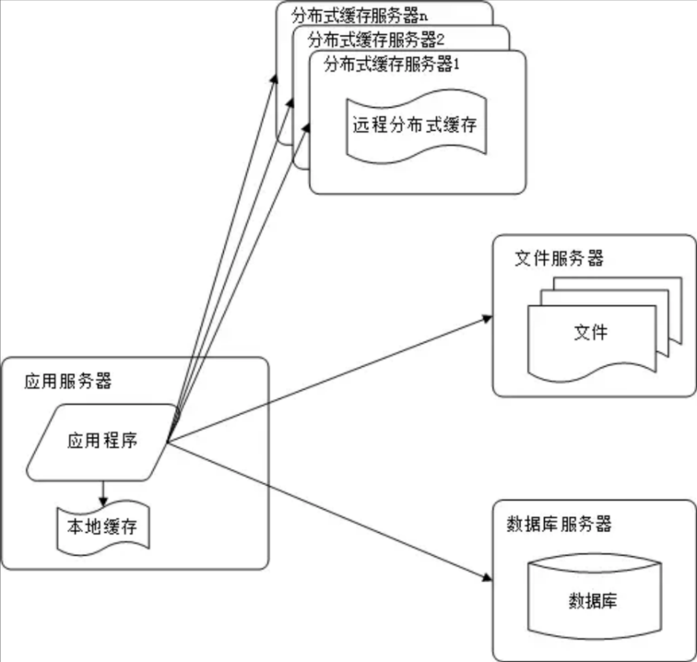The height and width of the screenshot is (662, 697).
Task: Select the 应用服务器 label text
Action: click(x=69, y=381)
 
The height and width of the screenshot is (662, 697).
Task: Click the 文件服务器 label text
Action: click(x=559, y=259)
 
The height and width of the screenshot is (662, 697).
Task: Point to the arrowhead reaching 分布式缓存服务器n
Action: click(x=275, y=73)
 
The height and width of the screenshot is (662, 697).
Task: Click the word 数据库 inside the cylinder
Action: click(x=593, y=601)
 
